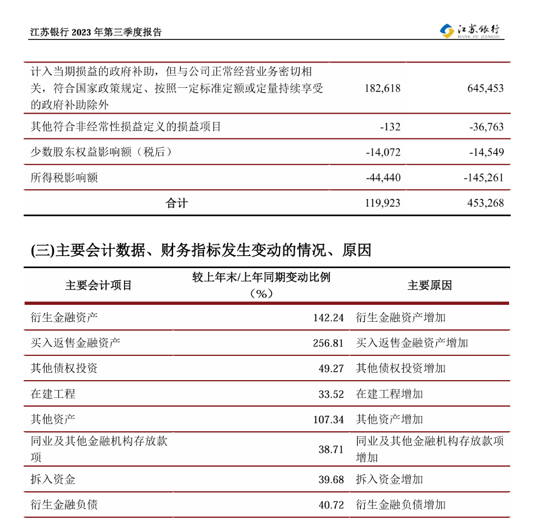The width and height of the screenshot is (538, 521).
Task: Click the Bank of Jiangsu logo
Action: (x=472, y=31)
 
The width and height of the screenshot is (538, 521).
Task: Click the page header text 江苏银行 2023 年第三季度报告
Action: (x=96, y=32)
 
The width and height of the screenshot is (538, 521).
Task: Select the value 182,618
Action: (x=382, y=88)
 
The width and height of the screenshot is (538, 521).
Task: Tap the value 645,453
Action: (x=485, y=88)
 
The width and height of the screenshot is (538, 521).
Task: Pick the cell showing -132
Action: (x=390, y=127)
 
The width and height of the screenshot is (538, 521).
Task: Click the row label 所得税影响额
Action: (x=64, y=178)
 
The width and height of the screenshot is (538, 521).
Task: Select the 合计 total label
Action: (x=177, y=203)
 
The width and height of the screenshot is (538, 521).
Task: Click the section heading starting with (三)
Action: (x=201, y=250)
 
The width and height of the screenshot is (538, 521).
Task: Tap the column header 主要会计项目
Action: (x=98, y=285)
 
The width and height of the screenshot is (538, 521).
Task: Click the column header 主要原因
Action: (x=429, y=285)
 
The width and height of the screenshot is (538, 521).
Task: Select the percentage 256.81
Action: (x=328, y=343)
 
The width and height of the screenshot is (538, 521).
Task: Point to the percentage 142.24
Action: (x=328, y=318)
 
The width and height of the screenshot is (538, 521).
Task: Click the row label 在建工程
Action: (x=53, y=394)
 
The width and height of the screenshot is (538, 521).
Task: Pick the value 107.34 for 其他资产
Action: (x=328, y=420)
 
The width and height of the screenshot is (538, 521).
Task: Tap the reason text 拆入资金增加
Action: (x=389, y=479)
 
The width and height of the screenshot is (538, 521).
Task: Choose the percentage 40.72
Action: (x=331, y=505)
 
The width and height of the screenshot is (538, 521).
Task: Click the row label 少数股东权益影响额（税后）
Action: (x=101, y=152)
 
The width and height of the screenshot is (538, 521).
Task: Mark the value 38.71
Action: (x=331, y=450)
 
